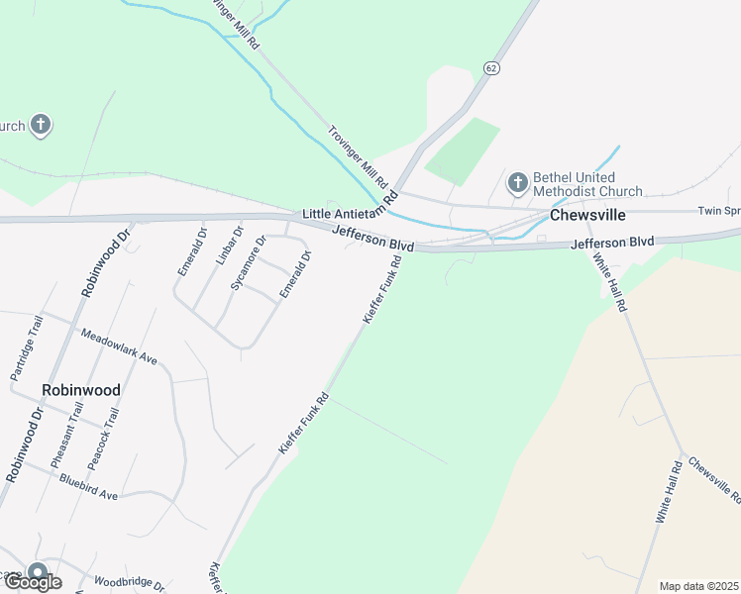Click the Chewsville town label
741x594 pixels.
(589, 215)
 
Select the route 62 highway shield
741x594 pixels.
(491, 67)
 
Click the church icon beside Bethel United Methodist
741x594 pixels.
(517, 182)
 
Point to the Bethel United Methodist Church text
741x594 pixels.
(587, 184)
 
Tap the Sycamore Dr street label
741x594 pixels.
(248, 261)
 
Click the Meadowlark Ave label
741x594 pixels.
(119, 346)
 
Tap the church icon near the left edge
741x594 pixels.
(40, 126)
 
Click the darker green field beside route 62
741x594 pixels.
(463, 150)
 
